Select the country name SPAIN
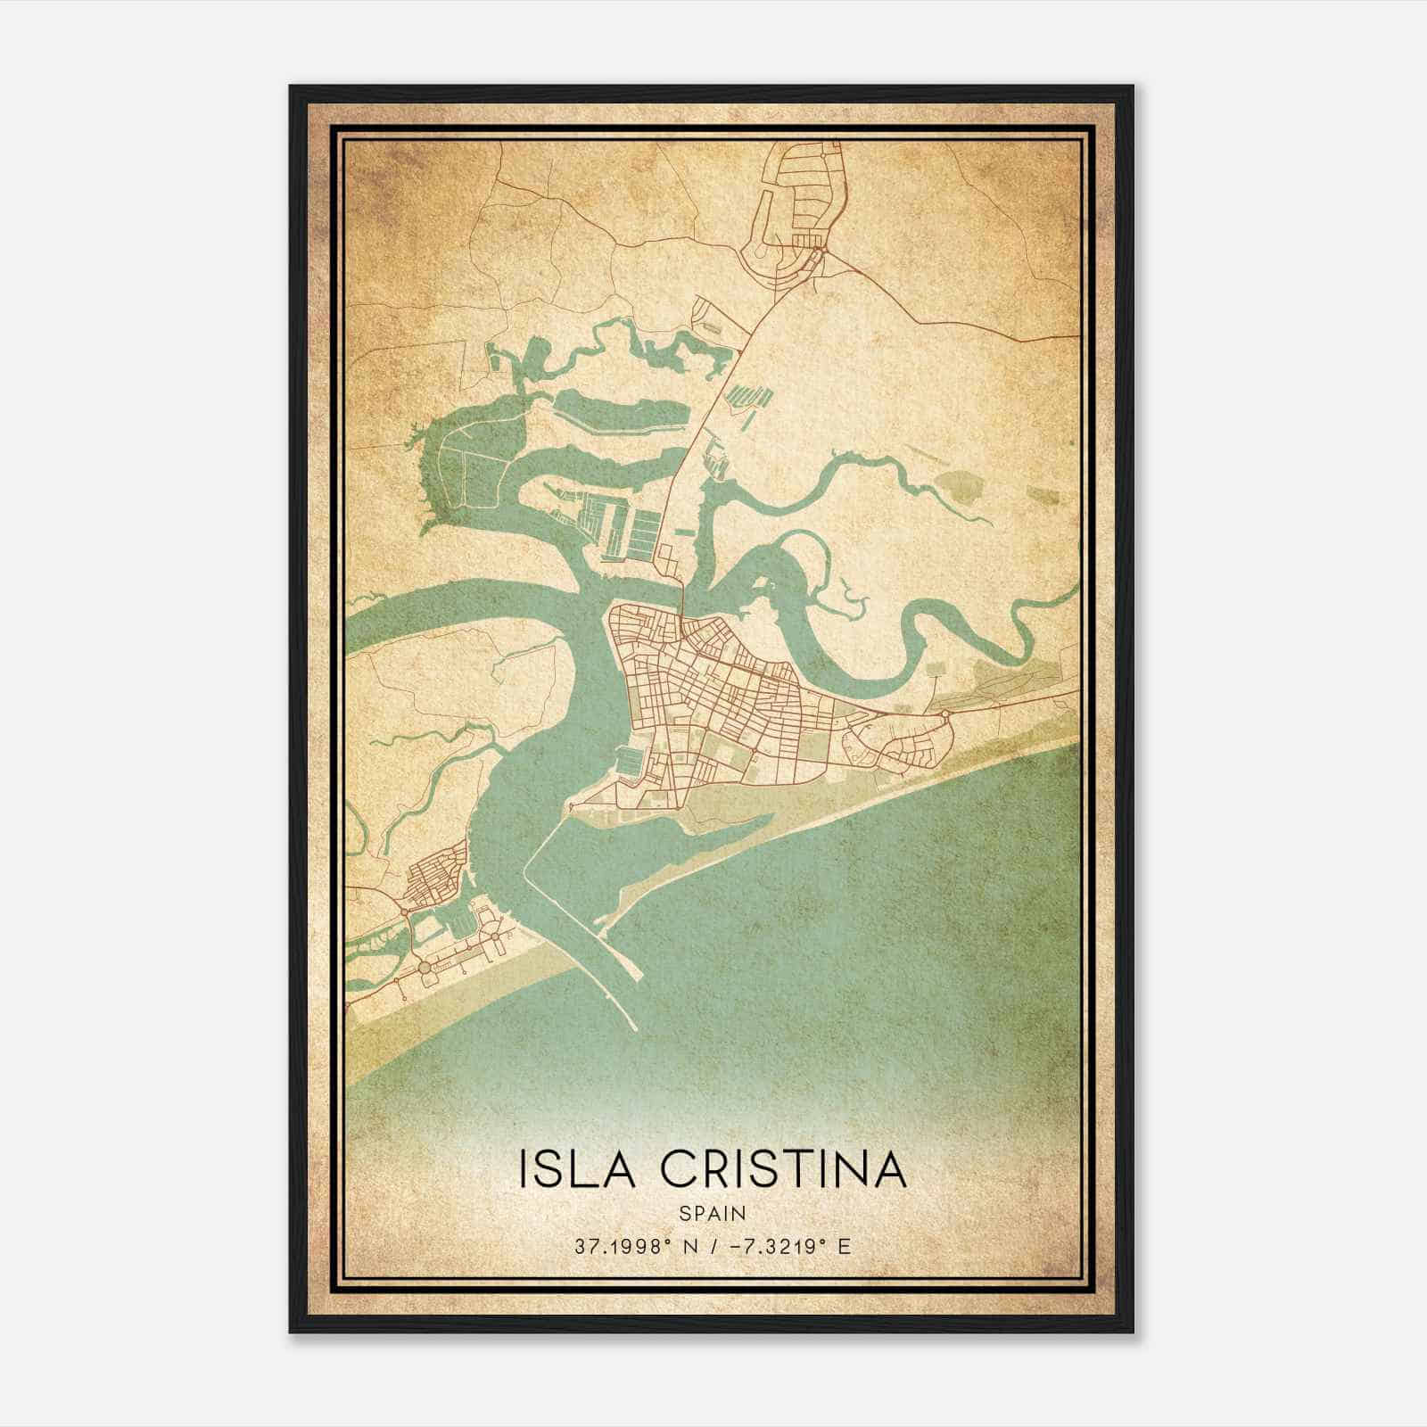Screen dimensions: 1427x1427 (713, 1213)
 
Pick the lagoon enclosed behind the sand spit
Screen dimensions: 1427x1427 (624, 856)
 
